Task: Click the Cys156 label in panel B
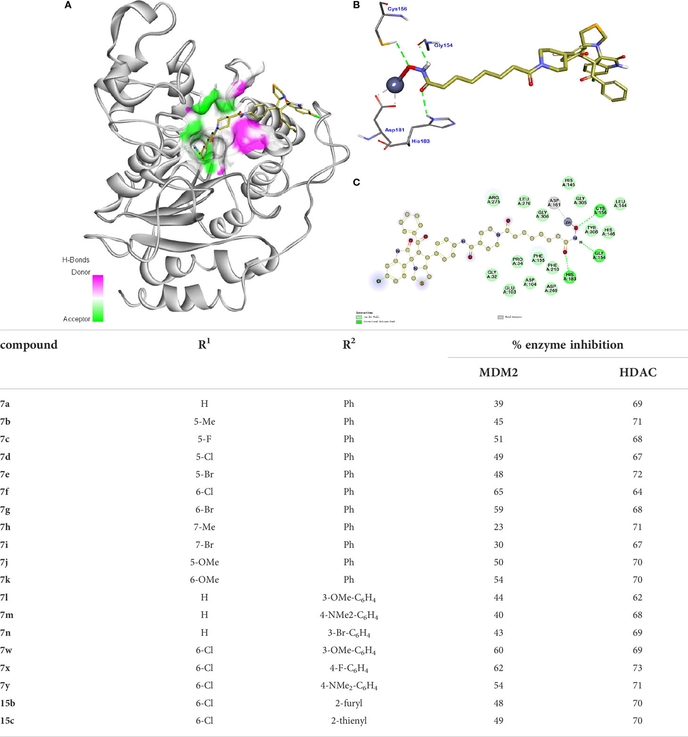tap(397, 9)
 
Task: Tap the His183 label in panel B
tap(420, 141)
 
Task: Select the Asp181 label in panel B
tap(394, 130)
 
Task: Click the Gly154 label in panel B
tap(443, 45)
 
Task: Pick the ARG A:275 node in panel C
tap(493, 200)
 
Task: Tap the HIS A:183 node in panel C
tap(570, 277)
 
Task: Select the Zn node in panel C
tap(568, 222)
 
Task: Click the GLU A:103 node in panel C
tap(509, 290)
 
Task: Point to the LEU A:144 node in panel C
tap(620, 204)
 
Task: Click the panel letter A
tap(68, 6)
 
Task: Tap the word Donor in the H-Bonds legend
tap(81, 272)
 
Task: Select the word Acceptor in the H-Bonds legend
tap(76, 319)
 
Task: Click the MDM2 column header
tap(498, 373)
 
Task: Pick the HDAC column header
tap(637, 373)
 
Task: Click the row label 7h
tap(5, 527)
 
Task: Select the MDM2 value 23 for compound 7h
tap(498, 527)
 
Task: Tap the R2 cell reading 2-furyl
tap(348, 703)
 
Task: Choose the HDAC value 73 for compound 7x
tap(637, 668)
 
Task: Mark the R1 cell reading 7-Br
tap(204, 544)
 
